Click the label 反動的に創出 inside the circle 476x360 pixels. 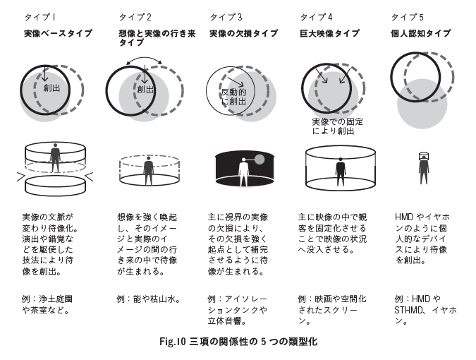233,97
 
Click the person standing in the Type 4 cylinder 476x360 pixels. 341,170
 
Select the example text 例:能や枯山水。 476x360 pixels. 149,299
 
